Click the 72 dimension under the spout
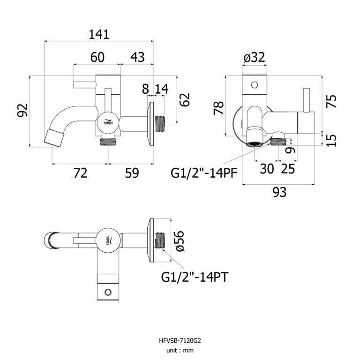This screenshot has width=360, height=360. coord(81,173)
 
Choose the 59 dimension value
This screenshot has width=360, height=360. coord(132,173)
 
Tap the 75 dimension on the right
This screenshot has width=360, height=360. coord(332,102)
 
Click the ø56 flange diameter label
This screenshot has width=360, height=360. coord(179,241)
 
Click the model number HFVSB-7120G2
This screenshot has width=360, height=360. coord(180,341)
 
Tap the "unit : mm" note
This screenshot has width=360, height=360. coord(180,350)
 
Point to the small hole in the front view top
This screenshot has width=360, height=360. coord(255,85)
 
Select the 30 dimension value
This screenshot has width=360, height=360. coord(267,168)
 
